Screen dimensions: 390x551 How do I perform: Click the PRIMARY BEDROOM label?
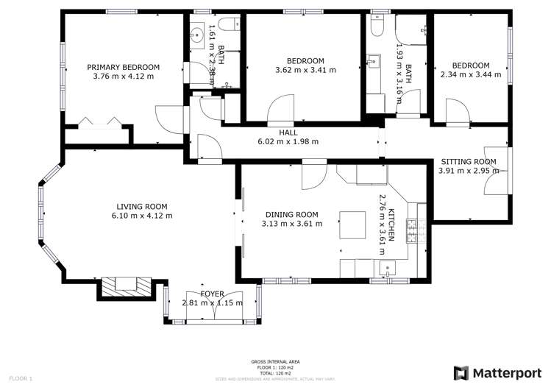pyautogui.click(x=122, y=67)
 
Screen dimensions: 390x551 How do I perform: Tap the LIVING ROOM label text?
pyautogui.click(x=142, y=206)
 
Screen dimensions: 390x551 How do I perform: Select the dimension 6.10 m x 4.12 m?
pyautogui.click(x=142, y=216)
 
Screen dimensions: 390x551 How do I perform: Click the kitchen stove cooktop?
pyautogui.click(x=413, y=232)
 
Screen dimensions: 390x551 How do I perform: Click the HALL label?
pyautogui.click(x=288, y=132)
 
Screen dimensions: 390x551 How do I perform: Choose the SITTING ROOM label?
pyautogui.click(x=468, y=162)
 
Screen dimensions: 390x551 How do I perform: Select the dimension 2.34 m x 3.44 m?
pyautogui.click(x=470, y=74)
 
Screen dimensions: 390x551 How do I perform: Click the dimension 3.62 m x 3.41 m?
pyautogui.click(x=305, y=70)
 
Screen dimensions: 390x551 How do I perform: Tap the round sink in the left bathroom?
pyautogui.click(x=198, y=34)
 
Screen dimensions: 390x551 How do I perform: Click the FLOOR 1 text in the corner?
pyautogui.click(x=21, y=378)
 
